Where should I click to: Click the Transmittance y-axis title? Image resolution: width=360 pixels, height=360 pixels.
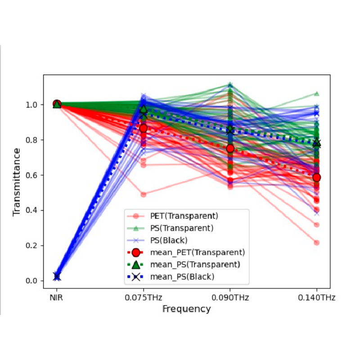tap(17, 181)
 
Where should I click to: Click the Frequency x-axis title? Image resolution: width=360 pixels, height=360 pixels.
tap(186, 309)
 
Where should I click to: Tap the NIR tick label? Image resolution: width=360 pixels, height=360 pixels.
tap(57, 298)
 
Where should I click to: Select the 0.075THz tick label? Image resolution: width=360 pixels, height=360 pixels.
tap(144, 298)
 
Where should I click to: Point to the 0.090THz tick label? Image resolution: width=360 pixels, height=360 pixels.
tap(230, 298)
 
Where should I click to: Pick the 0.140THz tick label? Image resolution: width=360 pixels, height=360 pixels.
tap(316, 298)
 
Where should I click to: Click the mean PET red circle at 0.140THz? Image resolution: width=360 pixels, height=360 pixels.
tap(316, 177)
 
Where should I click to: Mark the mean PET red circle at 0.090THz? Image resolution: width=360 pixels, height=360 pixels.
tap(230, 148)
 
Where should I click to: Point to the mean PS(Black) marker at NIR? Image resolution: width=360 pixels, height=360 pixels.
tap(57, 277)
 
